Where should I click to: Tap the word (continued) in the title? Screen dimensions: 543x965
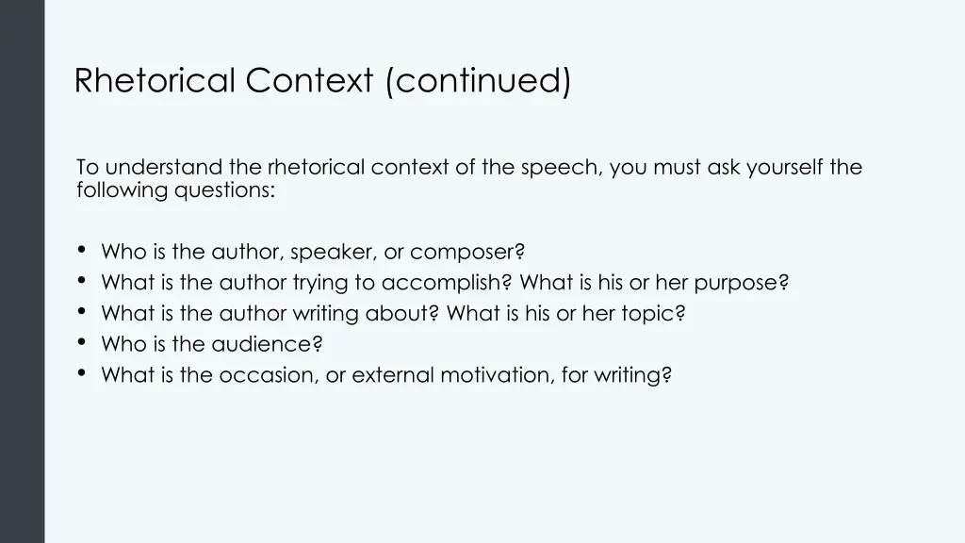(x=478, y=81)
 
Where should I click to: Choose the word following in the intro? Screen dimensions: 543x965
(x=123, y=189)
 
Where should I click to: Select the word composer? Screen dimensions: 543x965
(x=467, y=252)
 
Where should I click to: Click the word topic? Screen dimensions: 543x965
(x=653, y=314)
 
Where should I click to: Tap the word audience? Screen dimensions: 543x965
(x=268, y=345)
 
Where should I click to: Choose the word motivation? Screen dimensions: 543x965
(x=499, y=375)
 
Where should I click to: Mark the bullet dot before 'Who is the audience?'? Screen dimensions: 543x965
(x=82, y=342)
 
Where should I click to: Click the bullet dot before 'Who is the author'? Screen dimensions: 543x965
(x=82, y=250)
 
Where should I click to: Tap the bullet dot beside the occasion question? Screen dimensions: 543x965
(x=82, y=373)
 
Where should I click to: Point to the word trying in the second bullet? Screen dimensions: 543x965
(x=320, y=283)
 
